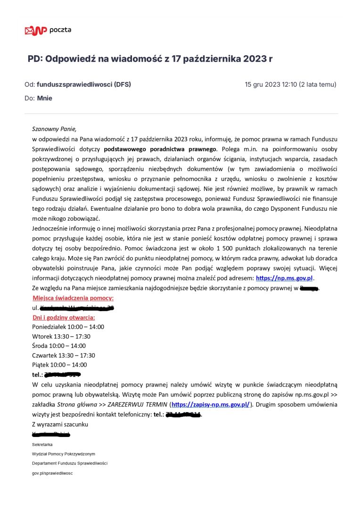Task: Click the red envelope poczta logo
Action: click(36, 31)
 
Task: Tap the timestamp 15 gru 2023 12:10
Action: click(271, 85)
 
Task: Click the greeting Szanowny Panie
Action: click(54, 129)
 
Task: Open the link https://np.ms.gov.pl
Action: click(284, 278)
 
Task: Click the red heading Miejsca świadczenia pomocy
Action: click(73, 298)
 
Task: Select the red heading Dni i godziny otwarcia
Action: click(64, 317)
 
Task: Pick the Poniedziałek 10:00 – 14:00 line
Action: click(68, 327)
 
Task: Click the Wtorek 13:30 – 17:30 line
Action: click(61, 336)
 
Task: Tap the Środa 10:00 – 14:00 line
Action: click(59, 346)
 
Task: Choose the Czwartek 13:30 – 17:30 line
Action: click(63, 355)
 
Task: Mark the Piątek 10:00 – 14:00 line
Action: click(59, 365)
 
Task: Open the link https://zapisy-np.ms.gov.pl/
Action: click(211, 405)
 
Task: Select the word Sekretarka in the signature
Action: click(42, 445)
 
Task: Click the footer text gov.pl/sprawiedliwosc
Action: click(52, 473)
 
